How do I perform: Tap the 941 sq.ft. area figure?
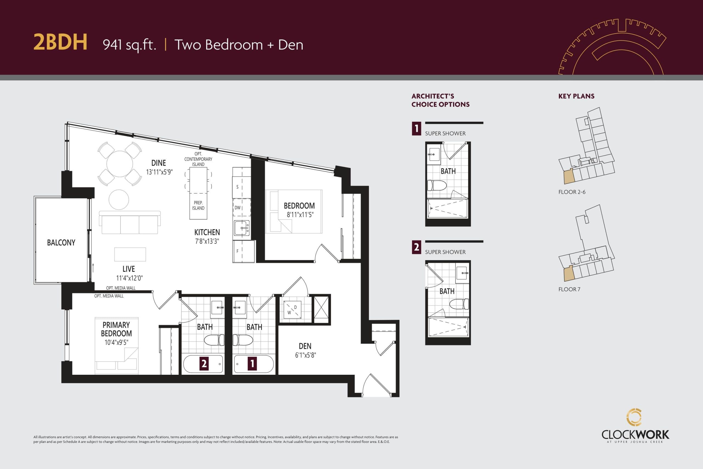129,45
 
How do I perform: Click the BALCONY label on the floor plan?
61,242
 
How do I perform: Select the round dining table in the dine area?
119,164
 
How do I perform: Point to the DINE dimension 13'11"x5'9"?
159,172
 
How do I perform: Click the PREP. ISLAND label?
198,206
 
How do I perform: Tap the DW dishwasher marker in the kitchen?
237,208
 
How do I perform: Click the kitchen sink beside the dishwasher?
241,229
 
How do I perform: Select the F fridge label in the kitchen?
237,251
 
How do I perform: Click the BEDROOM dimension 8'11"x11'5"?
300,215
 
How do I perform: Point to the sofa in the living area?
129,223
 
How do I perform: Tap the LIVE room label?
129,269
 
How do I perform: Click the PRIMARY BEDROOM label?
116,329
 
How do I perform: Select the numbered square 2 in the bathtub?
204,363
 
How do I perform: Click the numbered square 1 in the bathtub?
252,363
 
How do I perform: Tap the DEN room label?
305,346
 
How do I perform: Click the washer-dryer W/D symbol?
292,310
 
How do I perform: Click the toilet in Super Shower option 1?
436,185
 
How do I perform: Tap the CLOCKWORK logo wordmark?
635,435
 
